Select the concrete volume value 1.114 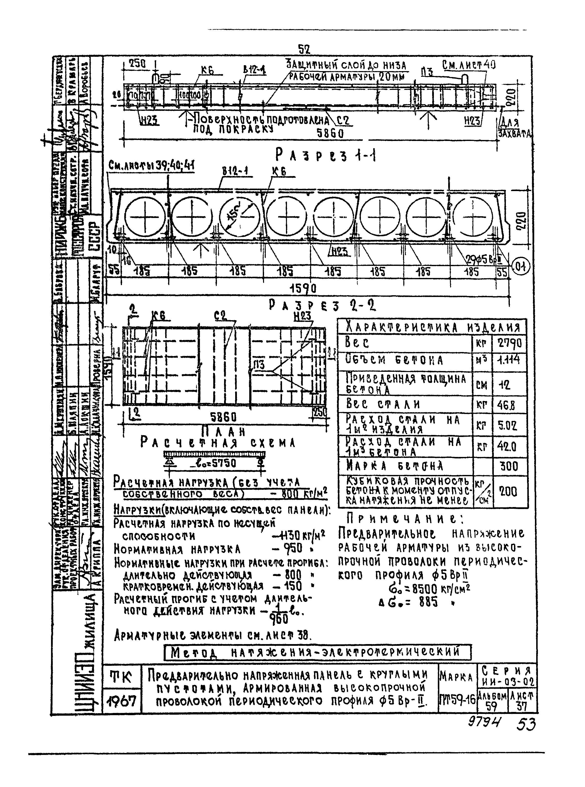[x=509, y=360]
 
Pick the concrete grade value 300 [x=509, y=466]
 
